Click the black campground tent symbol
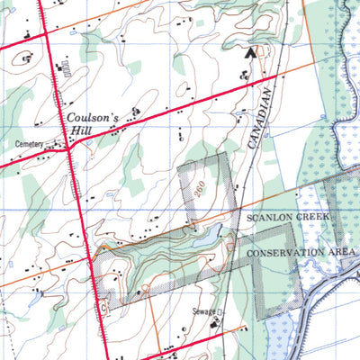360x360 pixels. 249,52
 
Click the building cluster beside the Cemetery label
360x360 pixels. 56,141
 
